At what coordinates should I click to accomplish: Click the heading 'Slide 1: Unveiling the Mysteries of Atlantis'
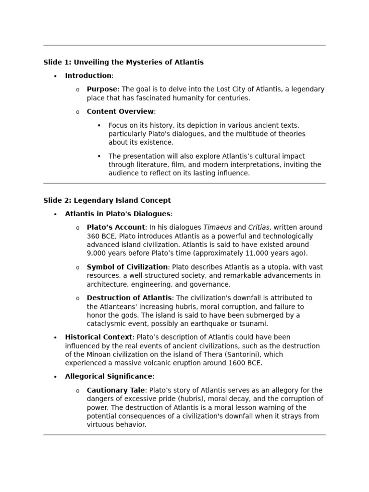pos(123,62)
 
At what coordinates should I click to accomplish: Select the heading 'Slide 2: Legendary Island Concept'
pos(107,200)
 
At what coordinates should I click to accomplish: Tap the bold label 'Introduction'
pos(88,75)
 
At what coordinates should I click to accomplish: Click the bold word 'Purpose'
pos(102,89)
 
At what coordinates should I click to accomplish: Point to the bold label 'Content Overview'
pos(120,111)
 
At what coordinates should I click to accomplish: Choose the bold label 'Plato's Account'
pos(116,227)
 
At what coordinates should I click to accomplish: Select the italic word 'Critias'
pos(259,227)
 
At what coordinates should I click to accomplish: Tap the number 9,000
pos(97,253)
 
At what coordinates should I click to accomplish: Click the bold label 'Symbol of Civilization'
pos(127,267)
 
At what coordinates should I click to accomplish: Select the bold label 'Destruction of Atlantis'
pos(129,298)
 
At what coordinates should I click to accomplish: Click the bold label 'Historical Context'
pos(98,337)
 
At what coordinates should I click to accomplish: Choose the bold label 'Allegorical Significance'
pos(109,377)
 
